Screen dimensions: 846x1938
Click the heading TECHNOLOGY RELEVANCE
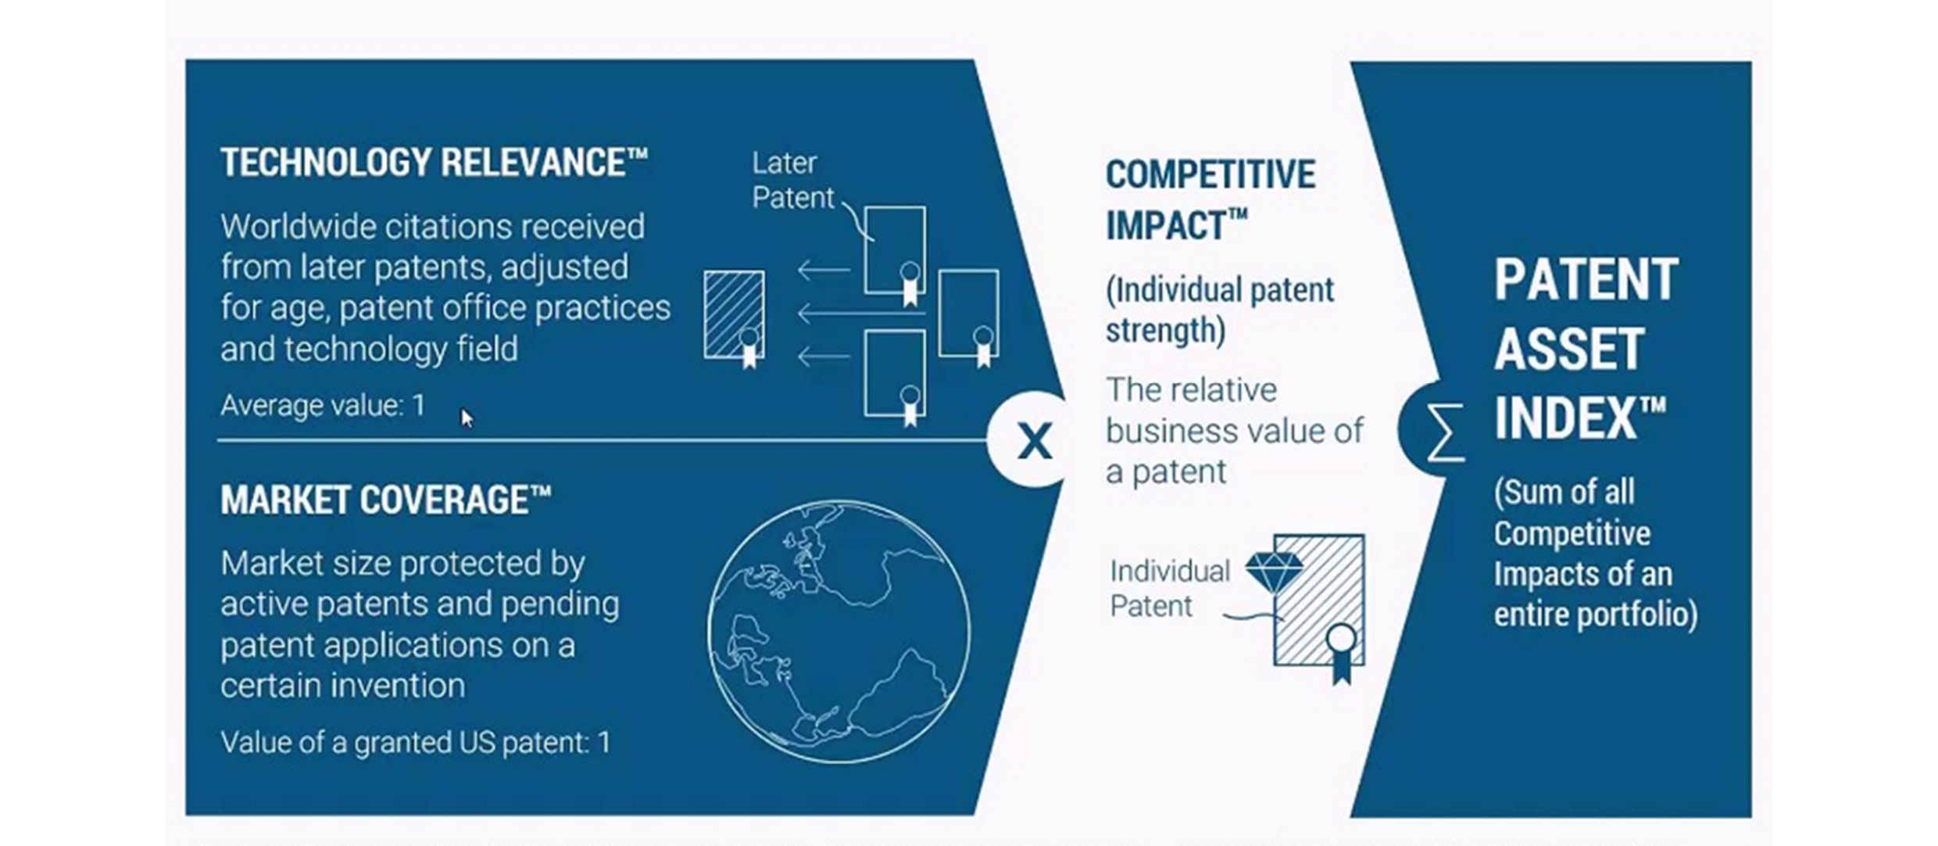coord(434,163)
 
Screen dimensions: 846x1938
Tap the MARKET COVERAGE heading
coord(385,500)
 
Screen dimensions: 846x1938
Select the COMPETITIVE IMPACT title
coord(1210,199)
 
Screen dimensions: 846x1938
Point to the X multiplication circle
coord(1034,441)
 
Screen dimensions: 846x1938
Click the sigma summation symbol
coord(1444,432)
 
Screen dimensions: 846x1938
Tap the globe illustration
coord(838,632)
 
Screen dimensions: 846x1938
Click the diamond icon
coord(1274,571)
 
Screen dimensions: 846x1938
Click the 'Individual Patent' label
coord(1169,588)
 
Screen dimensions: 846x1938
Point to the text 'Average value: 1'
coord(323,405)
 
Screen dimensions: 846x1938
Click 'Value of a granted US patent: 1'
coord(415,742)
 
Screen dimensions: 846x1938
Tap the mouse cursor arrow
coord(467,418)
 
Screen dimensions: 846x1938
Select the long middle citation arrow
coord(860,314)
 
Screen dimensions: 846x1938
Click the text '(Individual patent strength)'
coord(1219,310)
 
